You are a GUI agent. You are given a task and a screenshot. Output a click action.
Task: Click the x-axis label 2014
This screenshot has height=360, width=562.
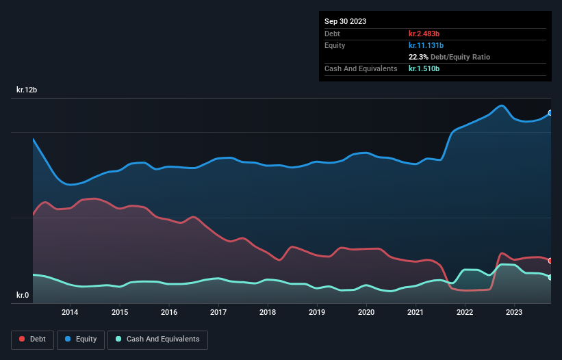click(x=70, y=313)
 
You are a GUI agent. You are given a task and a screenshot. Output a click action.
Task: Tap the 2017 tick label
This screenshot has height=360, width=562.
click(x=218, y=313)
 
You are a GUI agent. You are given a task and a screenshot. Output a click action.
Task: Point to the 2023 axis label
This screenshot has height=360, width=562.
click(x=515, y=313)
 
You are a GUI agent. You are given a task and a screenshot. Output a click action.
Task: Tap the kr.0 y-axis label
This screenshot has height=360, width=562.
click(x=23, y=296)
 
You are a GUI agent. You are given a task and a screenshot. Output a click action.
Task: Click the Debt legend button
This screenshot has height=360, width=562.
click(x=32, y=339)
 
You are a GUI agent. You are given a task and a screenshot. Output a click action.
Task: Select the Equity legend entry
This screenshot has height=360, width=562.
click(x=81, y=339)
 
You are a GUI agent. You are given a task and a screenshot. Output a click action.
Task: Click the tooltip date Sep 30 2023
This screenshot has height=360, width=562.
click(x=345, y=21)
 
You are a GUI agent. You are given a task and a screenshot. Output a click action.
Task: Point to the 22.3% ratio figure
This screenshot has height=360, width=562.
click(x=419, y=57)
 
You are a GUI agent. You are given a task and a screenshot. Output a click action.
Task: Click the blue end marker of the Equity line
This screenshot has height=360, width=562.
click(x=550, y=113)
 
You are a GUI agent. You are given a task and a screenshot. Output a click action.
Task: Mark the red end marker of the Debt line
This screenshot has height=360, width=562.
click(x=550, y=261)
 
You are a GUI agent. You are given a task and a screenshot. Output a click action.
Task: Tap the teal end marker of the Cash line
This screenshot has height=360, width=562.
click(x=550, y=277)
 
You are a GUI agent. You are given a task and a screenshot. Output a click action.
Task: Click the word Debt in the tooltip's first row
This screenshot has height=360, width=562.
click(x=333, y=34)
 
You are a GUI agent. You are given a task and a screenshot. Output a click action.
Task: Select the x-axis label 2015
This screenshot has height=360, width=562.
click(x=119, y=313)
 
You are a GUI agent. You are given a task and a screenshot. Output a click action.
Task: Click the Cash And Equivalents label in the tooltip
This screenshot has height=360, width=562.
click(x=361, y=68)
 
